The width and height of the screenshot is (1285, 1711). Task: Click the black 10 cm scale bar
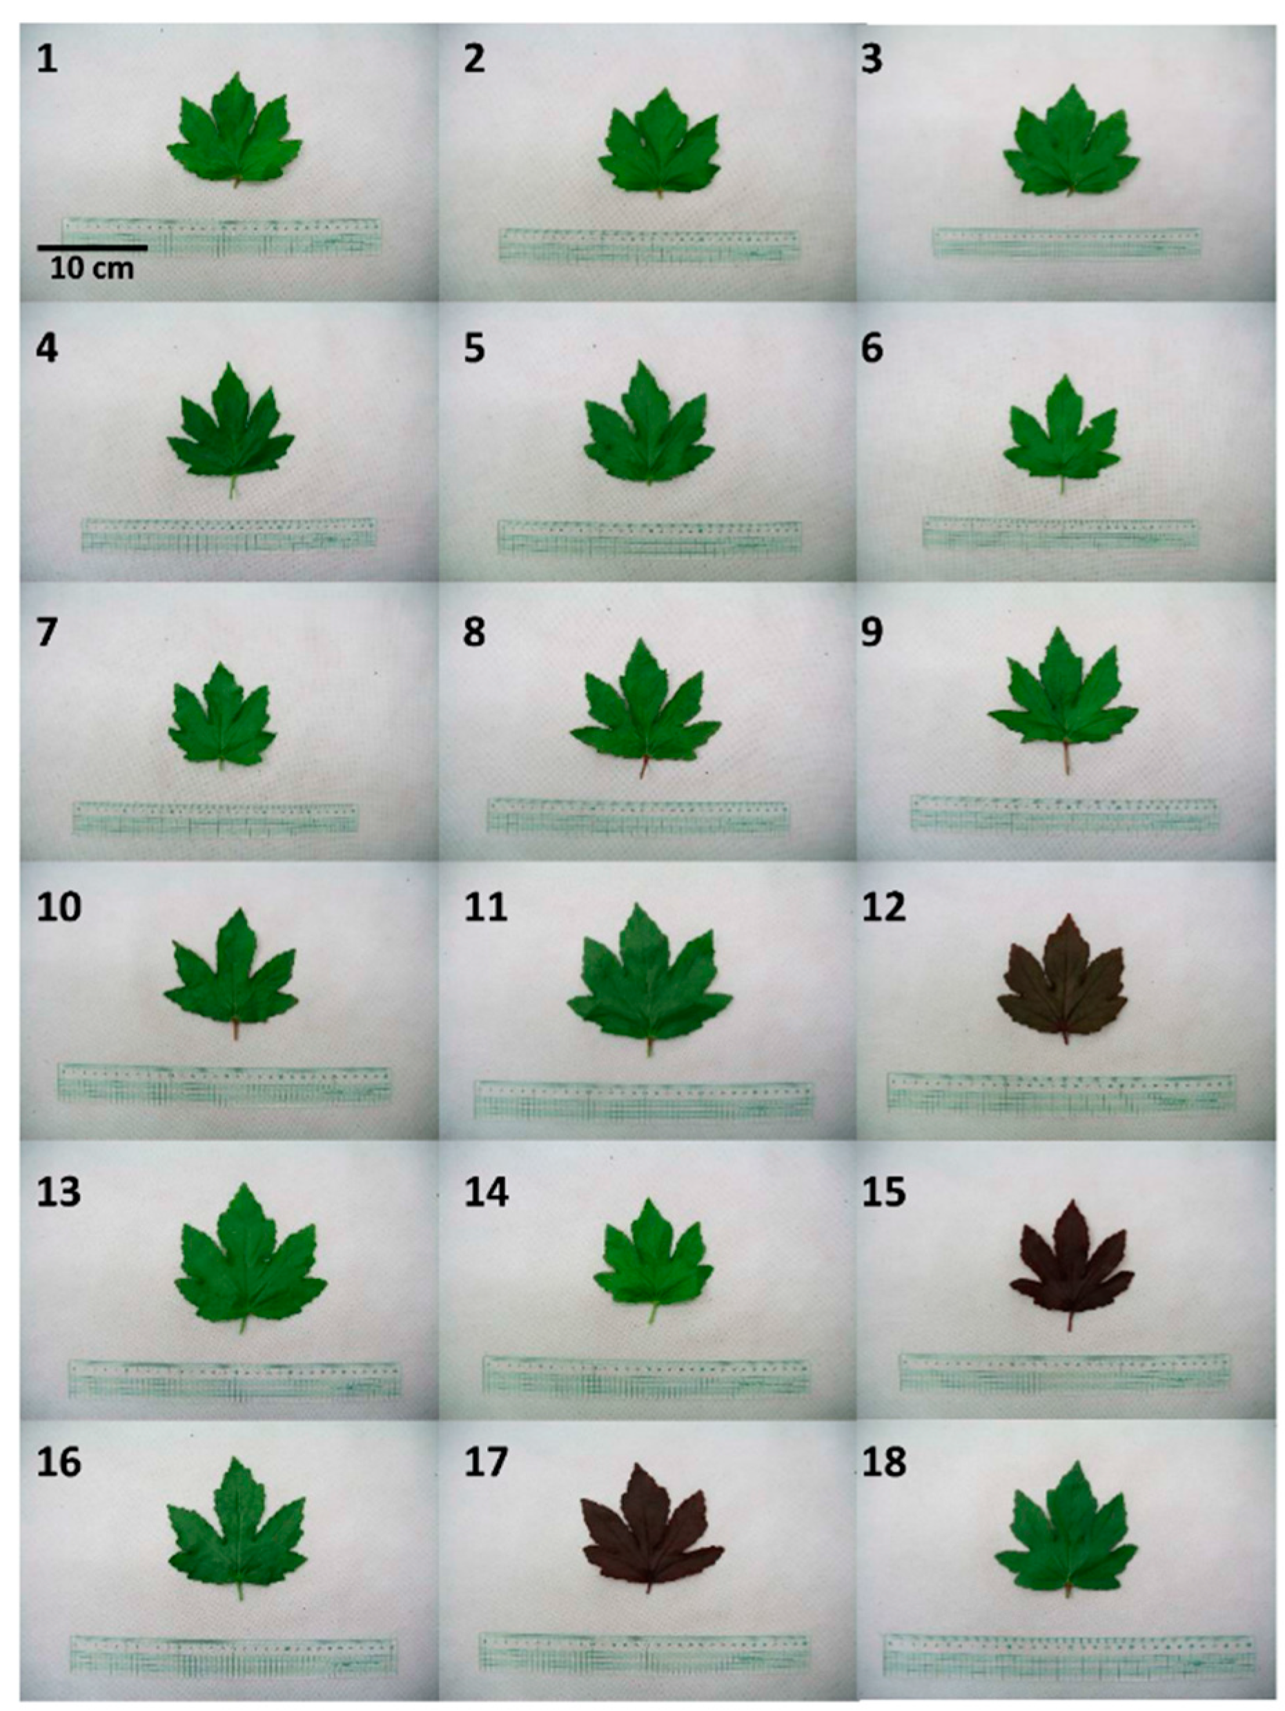click(91, 248)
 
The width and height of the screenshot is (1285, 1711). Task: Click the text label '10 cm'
click(91, 269)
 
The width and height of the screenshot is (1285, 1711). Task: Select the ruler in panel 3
click(1066, 242)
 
